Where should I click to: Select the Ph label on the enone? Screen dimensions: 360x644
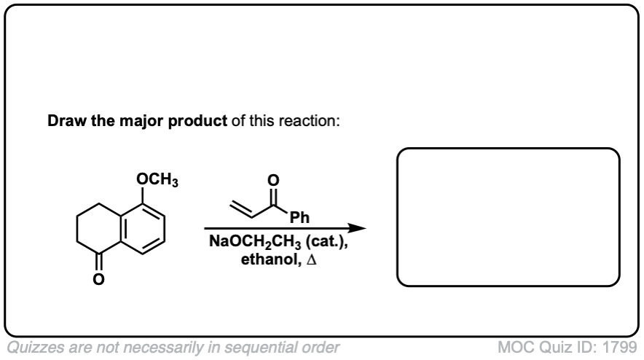[299, 217]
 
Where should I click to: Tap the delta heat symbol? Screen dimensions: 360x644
[310, 259]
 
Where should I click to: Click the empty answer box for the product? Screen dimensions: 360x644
[508, 216]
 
